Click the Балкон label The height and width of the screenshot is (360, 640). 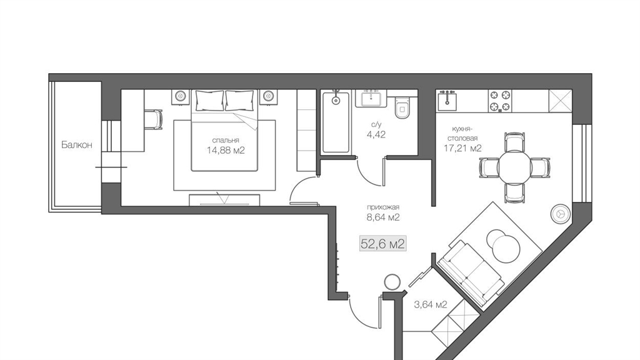click(77, 144)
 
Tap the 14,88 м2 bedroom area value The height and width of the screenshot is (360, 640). click(225, 150)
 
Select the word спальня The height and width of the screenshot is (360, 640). click(225, 141)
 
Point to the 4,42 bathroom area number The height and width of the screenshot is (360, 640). click(376, 134)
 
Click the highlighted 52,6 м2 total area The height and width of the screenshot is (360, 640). click(382, 244)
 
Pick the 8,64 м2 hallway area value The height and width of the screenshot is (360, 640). click(383, 217)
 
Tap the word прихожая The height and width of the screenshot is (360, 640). click(383, 207)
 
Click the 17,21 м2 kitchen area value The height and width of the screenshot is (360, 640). click(462, 148)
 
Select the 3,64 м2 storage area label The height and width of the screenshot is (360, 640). click(430, 304)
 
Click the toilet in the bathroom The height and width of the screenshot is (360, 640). click(402, 107)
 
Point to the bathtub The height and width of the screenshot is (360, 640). click(336, 122)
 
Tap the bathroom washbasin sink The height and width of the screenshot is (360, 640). click(371, 98)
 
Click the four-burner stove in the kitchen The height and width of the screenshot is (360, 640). click(500, 101)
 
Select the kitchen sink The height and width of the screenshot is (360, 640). click(447, 101)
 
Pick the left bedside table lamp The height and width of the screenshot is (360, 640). click(181, 96)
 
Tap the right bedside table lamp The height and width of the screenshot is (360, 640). click(269, 96)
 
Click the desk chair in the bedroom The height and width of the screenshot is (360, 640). click(154, 119)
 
